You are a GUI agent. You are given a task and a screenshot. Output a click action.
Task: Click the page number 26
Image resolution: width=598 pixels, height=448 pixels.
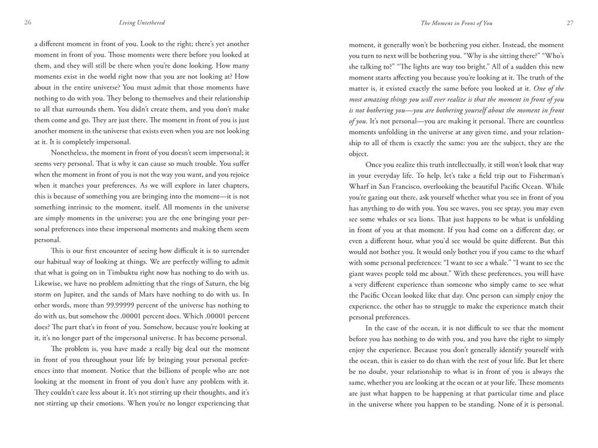click(x=28, y=23)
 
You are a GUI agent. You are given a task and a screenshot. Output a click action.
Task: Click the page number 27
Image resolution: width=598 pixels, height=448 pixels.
click(x=569, y=23)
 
